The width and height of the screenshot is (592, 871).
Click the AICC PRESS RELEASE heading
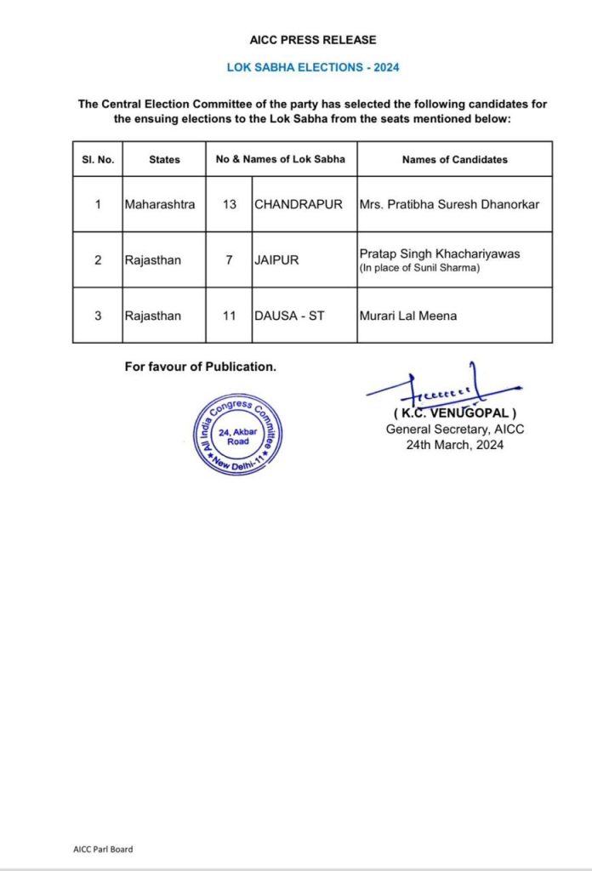point(313,40)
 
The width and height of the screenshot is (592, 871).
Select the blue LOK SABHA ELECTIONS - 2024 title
point(313,67)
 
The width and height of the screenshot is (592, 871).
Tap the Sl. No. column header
point(98,159)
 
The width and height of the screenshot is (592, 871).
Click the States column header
point(164,159)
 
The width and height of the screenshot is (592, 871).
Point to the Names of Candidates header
point(454,159)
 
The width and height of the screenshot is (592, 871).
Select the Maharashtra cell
point(159,204)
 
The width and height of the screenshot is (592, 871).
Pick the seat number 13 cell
point(229,204)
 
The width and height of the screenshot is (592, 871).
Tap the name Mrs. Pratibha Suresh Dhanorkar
point(450,204)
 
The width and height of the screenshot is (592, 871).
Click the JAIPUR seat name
point(276,260)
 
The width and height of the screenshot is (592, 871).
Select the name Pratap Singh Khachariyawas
point(437,253)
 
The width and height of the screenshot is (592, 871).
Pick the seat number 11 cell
point(229,316)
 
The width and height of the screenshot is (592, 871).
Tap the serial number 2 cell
point(98,260)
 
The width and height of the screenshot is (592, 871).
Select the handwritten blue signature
point(442,390)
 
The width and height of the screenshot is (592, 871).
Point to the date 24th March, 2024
point(454,444)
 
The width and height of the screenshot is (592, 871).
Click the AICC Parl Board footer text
point(103,849)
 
